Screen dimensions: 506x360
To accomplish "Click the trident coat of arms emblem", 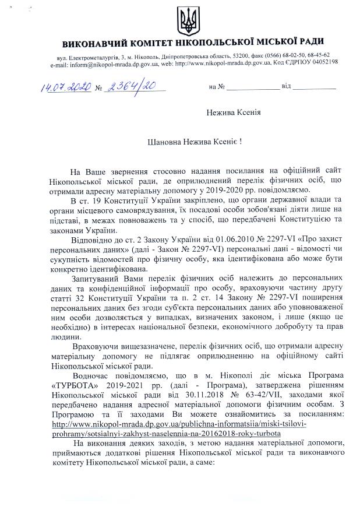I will tap(188, 22).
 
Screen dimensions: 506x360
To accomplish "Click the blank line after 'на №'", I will tap(252, 88).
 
